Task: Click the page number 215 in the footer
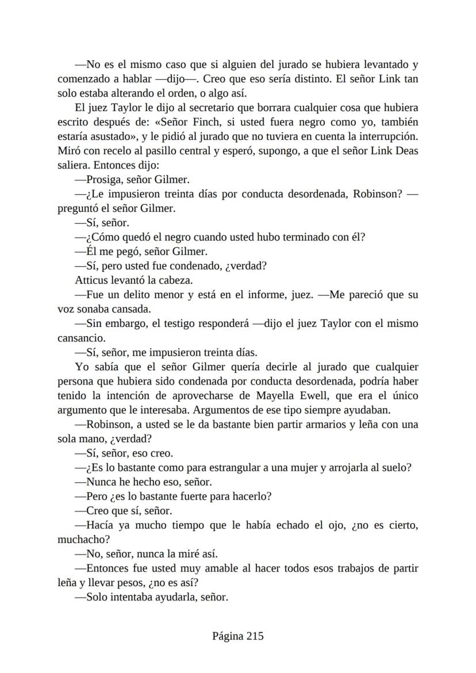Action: pos(255,636)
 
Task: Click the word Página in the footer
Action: pos(228,636)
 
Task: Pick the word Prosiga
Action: pos(106,179)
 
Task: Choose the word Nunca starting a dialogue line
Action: pos(103,482)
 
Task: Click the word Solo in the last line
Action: pos(98,597)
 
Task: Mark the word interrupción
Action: pos(385,136)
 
